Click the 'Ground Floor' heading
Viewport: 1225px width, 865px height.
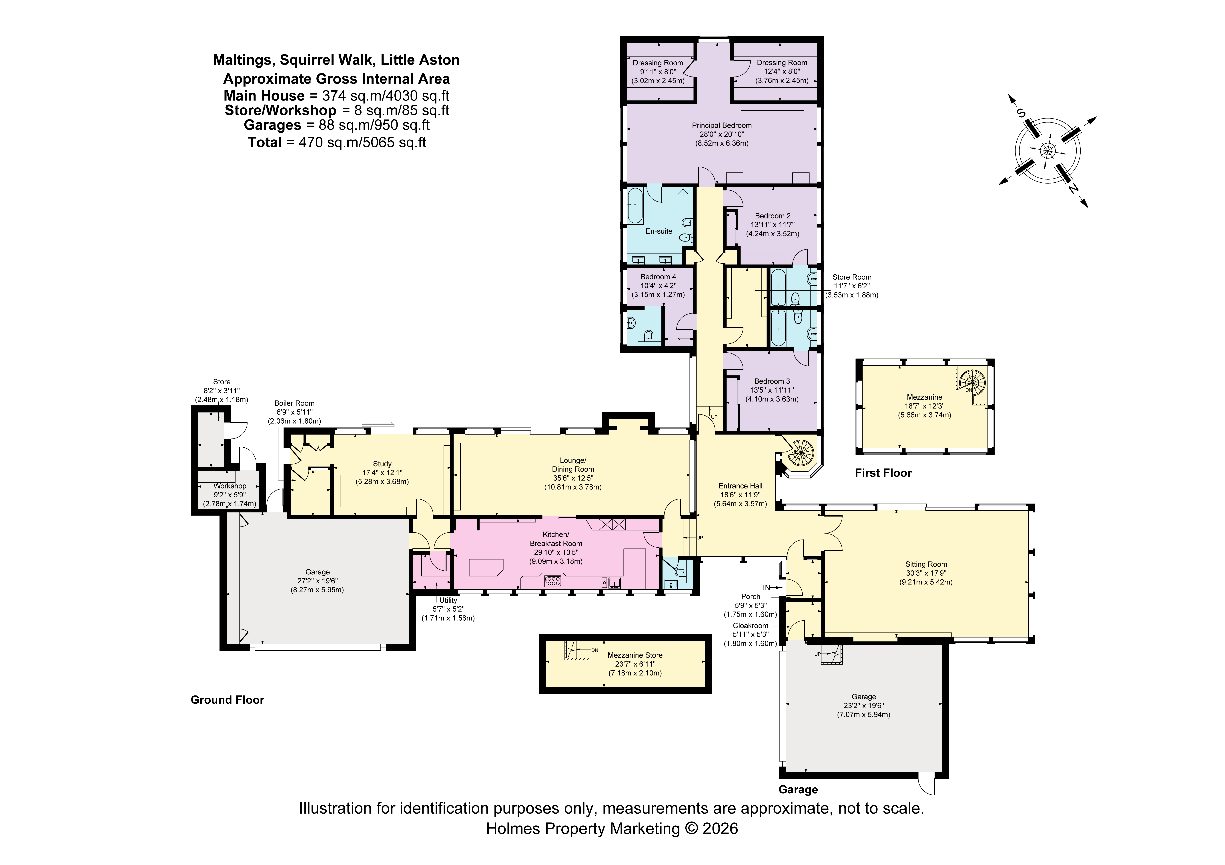click(x=227, y=700)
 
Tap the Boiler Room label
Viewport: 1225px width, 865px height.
click(x=294, y=412)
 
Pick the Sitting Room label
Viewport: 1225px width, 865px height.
click(x=926, y=573)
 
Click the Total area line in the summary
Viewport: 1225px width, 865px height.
click(x=337, y=142)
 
